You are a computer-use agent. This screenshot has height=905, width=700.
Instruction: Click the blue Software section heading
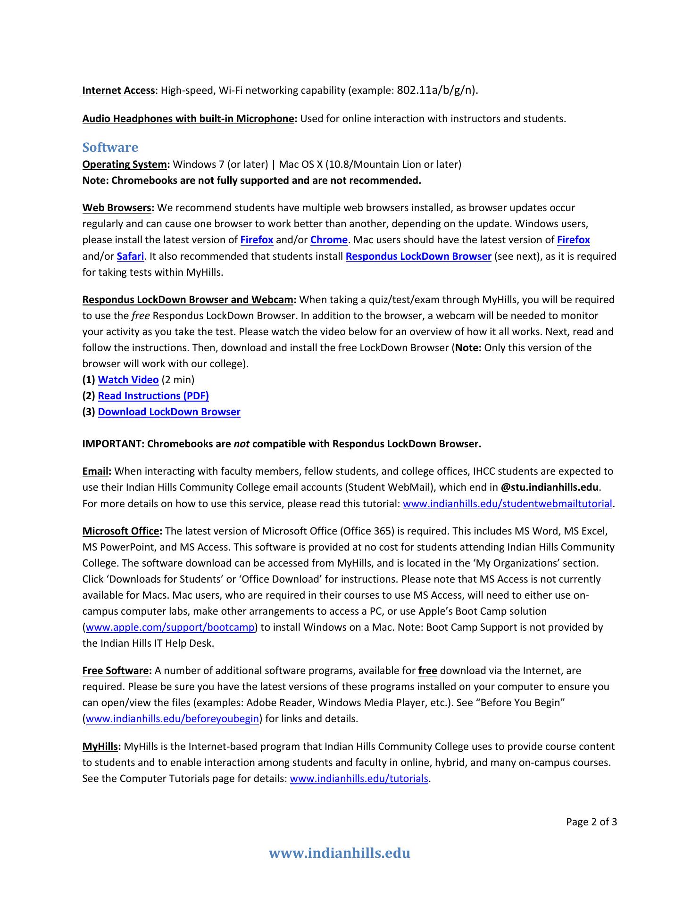pos(110,148)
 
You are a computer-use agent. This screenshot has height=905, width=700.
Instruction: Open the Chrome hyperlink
pos(329,240)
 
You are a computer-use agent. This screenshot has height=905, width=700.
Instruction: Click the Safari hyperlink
pos(130,256)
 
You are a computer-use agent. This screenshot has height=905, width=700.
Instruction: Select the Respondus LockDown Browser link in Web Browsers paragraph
pos(418,256)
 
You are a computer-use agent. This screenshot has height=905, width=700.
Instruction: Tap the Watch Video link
pos(128,380)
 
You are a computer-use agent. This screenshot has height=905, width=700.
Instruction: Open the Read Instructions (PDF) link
pos(153,396)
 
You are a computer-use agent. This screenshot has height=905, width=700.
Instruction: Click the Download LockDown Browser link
pos(169,412)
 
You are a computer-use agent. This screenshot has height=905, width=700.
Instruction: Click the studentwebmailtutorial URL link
pos(507,504)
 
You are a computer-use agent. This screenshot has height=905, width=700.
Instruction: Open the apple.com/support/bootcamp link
pos(170,628)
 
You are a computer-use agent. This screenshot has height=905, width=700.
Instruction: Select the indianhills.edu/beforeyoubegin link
pos(172,719)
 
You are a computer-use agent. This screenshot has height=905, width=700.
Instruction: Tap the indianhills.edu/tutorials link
pos(358,779)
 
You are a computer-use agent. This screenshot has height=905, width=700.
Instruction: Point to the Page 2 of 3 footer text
pos(591,823)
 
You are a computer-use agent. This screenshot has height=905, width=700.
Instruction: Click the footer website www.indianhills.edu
pos(339,853)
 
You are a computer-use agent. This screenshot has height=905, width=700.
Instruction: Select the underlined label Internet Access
pos(118,90)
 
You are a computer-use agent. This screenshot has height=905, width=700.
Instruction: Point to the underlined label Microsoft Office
pos(121,531)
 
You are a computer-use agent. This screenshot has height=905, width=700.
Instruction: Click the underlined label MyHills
pos(100,747)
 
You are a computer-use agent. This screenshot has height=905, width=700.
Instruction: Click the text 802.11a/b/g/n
pos(435,90)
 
